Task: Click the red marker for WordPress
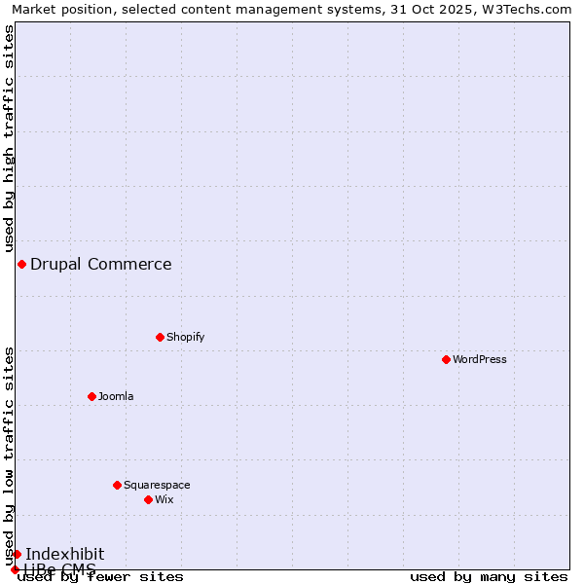(x=446, y=359)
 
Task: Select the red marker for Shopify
(x=160, y=337)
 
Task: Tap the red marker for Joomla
(x=91, y=396)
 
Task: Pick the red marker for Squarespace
(x=117, y=485)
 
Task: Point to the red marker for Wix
(x=148, y=499)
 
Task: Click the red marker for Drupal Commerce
(x=21, y=264)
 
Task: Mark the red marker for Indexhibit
(x=17, y=554)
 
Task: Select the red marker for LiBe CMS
(x=15, y=569)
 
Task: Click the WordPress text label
(x=480, y=359)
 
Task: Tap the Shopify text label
(x=185, y=337)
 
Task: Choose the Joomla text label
(x=116, y=396)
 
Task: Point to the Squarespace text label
(x=157, y=485)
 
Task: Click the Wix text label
(x=164, y=499)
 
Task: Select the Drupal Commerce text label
(x=101, y=264)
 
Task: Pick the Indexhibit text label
(x=65, y=554)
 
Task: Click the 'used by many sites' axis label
(x=489, y=576)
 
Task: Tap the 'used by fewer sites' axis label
(x=101, y=576)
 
